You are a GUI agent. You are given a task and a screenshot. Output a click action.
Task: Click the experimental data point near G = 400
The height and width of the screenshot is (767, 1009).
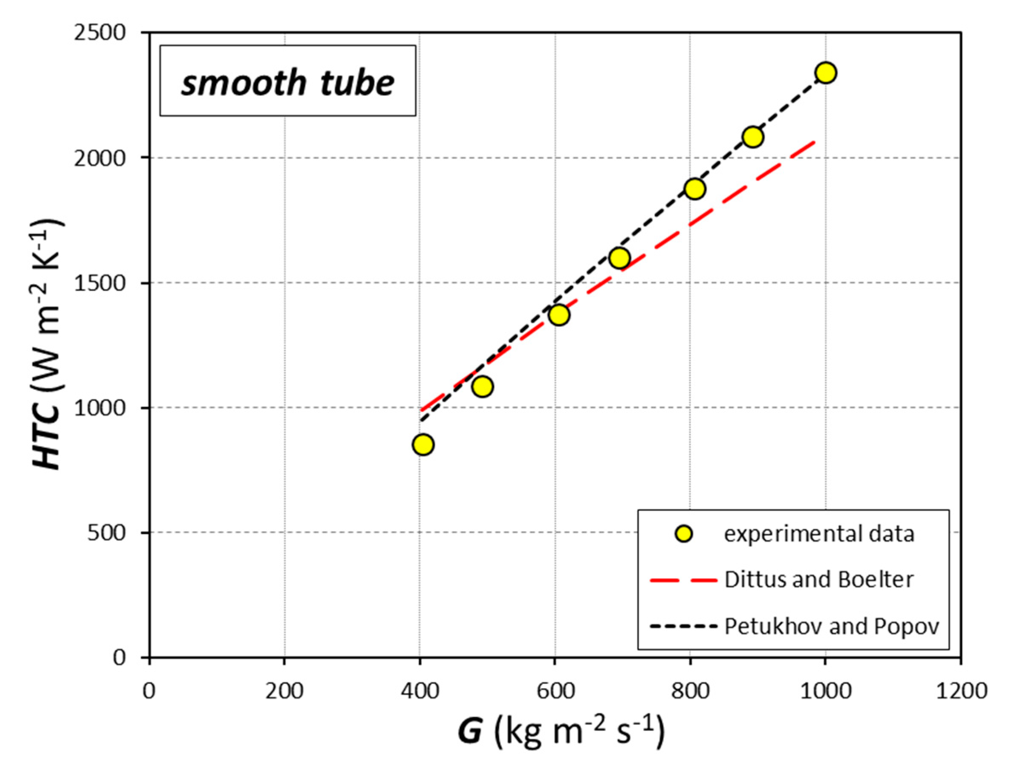(x=423, y=445)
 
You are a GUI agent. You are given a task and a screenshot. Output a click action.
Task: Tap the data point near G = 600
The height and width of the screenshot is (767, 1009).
(x=559, y=315)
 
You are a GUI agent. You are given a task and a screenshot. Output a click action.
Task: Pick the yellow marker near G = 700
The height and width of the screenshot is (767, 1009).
(x=619, y=258)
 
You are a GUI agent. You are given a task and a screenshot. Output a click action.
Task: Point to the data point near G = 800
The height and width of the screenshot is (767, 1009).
(x=695, y=188)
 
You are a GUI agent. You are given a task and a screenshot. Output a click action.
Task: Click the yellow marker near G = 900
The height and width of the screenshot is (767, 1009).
(x=753, y=137)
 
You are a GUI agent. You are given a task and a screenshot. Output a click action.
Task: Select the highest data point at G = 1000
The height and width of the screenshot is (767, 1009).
(x=826, y=72)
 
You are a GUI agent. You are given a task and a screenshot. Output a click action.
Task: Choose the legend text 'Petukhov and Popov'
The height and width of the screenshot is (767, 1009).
(x=831, y=626)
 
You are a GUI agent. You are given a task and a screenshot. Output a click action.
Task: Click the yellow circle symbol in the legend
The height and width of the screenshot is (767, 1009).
(x=683, y=533)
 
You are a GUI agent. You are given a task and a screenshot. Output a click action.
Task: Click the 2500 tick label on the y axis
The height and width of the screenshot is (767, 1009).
(x=100, y=33)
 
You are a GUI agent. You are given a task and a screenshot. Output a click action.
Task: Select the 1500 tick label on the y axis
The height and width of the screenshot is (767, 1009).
(x=100, y=283)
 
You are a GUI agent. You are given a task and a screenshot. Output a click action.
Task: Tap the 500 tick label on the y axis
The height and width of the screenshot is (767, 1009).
(x=107, y=533)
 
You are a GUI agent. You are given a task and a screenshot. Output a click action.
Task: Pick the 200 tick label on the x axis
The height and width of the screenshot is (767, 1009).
(x=285, y=691)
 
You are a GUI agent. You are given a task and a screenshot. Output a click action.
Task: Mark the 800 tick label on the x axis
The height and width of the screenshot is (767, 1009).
(x=690, y=691)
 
